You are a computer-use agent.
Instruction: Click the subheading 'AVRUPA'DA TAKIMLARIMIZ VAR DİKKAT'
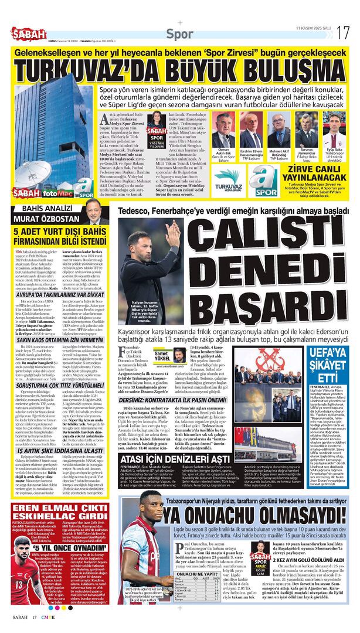(x=62, y=294)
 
